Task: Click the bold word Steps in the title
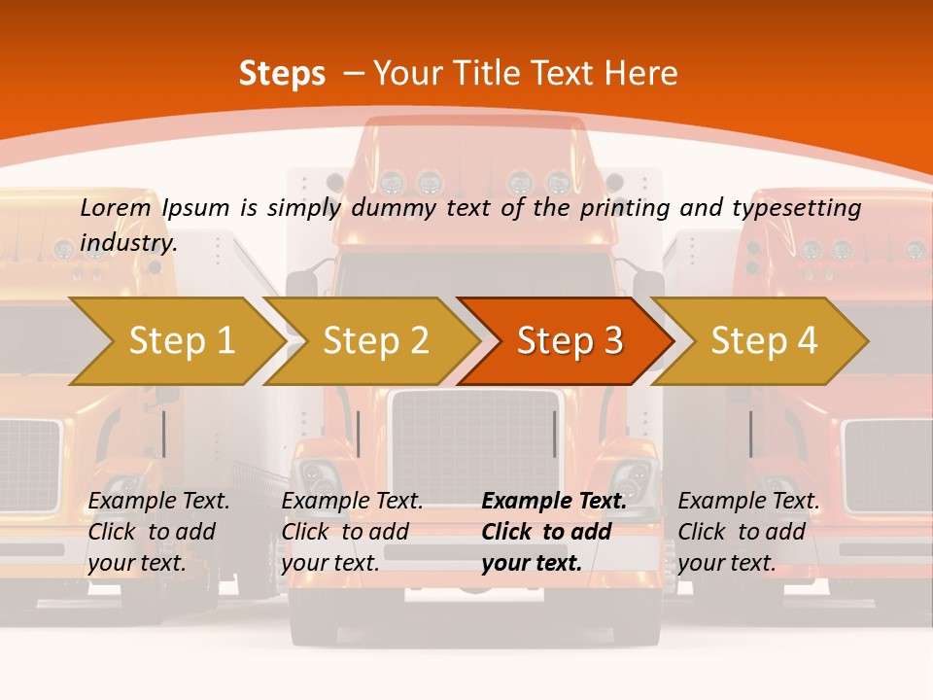282,74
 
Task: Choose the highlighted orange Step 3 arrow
570,340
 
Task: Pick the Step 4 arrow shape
764,340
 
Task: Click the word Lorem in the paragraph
115,207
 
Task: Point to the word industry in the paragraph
127,242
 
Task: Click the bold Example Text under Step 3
554,501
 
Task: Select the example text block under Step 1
158,532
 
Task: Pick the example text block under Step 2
352,532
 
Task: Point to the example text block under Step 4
748,532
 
